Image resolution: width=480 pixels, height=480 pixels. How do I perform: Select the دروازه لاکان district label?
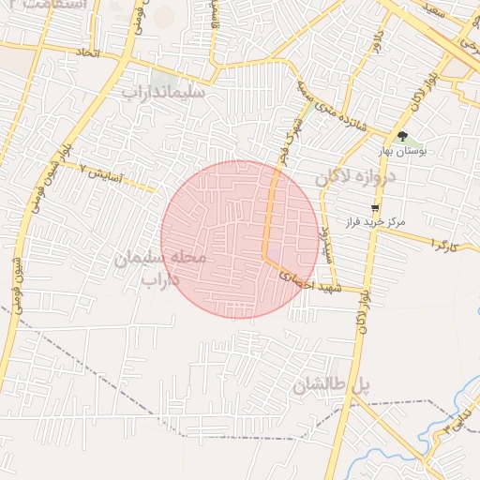[x=355, y=175]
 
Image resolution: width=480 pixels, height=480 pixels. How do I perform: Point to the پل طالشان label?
[x=332, y=384]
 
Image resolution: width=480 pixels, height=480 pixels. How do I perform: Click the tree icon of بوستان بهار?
[x=402, y=136]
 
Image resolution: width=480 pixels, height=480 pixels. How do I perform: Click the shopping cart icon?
[x=376, y=207]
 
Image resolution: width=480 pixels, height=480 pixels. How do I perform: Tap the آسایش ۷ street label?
[x=106, y=173]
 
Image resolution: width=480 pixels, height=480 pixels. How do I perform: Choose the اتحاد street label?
[x=87, y=54]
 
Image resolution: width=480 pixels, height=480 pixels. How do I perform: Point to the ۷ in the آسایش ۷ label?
[x=82, y=169]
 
